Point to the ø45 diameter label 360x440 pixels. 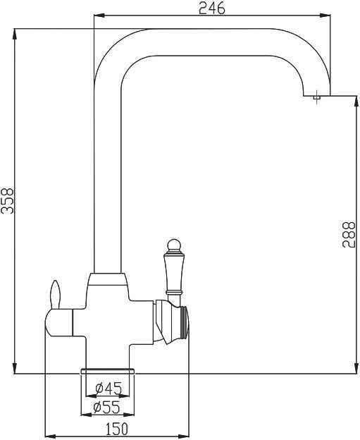tap(108, 387)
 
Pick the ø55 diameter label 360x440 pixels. tap(108, 408)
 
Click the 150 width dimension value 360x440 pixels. tap(117, 429)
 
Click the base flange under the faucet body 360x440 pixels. tap(108, 372)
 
